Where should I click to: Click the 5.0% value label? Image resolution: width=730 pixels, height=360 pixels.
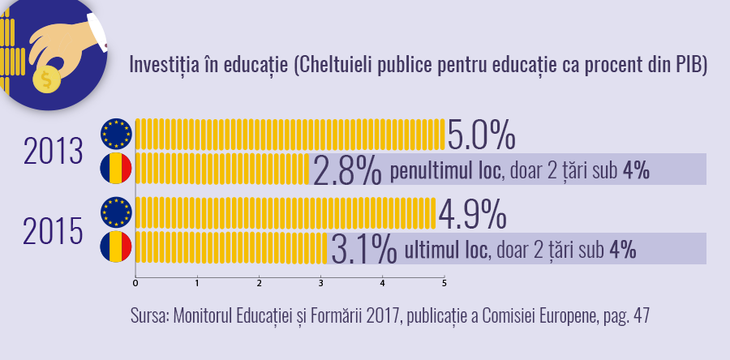click(482, 135)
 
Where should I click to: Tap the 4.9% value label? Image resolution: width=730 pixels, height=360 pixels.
click(473, 215)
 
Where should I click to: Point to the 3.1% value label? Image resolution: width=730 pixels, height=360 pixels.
click(364, 250)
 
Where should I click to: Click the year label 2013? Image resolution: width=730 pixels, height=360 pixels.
click(54, 152)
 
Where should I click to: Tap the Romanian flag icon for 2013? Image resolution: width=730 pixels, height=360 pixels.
click(116, 169)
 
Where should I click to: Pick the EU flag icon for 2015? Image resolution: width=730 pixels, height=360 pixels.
click(116, 213)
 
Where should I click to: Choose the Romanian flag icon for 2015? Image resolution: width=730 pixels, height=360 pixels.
click(116, 248)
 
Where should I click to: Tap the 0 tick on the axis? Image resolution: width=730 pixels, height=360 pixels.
click(135, 283)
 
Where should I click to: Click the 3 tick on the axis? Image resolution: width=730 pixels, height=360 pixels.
click(320, 283)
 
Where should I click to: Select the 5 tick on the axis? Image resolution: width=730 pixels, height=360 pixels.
click(444, 283)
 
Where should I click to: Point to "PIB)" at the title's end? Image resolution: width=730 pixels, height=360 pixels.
click(692, 66)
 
